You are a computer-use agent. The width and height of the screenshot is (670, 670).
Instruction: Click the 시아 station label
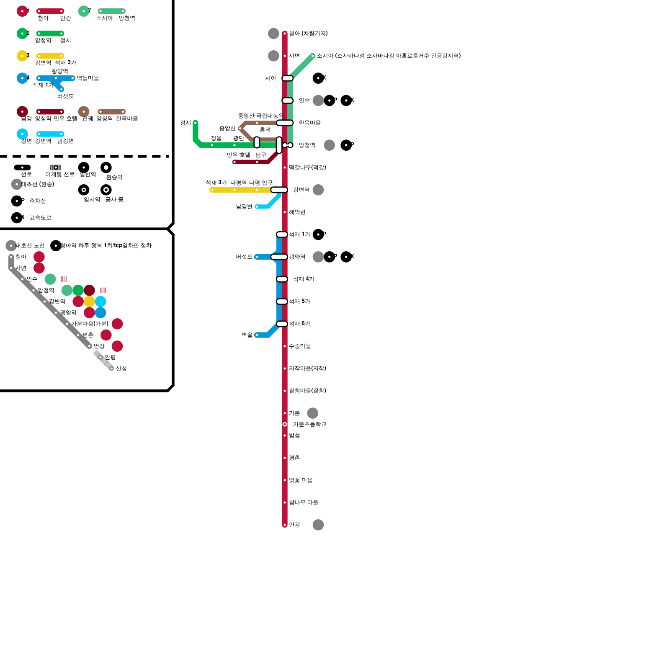pyautogui.click(x=271, y=78)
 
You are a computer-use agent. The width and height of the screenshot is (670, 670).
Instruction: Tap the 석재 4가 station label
pyautogui.click(x=304, y=279)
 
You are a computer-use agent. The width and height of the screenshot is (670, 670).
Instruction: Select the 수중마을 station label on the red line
pyautogui.click(x=300, y=346)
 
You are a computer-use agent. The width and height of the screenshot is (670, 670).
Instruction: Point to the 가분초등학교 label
pyautogui.click(x=309, y=425)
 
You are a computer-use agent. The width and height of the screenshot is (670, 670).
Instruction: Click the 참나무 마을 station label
pyautogui.click(x=304, y=502)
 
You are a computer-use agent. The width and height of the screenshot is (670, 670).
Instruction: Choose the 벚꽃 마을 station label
pyautogui.click(x=301, y=480)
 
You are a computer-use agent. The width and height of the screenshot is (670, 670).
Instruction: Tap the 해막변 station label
pyautogui.click(x=297, y=212)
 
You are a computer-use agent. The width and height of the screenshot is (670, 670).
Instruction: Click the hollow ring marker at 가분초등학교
pyautogui.click(x=285, y=425)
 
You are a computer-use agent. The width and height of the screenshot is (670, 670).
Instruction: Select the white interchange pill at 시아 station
pyautogui.click(x=288, y=78)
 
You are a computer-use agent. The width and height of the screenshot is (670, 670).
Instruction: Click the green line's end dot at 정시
pyautogui.click(x=196, y=123)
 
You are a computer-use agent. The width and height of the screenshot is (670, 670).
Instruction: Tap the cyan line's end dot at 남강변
pyautogui.click(x=257, y=207)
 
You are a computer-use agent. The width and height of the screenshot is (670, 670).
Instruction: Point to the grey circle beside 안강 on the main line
pyautogui.click(x=318, y=525)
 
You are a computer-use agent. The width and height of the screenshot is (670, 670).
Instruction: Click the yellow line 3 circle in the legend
pyautogui.click(x=22, y=56)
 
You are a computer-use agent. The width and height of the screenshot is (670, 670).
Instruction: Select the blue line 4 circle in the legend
pyautogui.click(x=22, y=78)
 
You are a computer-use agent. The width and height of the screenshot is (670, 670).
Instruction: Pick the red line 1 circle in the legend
pyautogui.click(x=22, y=11)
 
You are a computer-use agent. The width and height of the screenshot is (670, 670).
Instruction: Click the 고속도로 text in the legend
pyautogui.click(x=40, y=218)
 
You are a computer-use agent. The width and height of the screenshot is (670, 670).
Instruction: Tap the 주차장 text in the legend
pyautogui.click(x=37, y=201)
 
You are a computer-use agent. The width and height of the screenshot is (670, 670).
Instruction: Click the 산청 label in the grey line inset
pyautogui.click(x=121, y=368)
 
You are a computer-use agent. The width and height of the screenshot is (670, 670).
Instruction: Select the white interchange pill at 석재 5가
pyautogui.click(x=282, y=301)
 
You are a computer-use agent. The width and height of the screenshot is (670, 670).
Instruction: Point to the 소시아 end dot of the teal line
pyautogui.click(x=313, y=56)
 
